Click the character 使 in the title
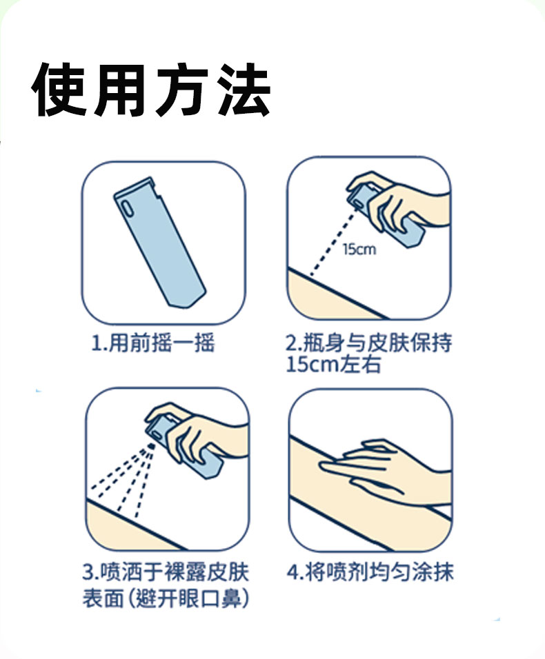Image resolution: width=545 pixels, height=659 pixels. [x=59, y=90]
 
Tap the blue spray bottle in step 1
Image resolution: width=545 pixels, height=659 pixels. [x=160, y=243]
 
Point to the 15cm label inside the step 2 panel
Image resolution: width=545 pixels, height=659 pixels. [x=359, y=250]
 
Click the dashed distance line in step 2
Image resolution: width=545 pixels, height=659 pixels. [x=333, y=243]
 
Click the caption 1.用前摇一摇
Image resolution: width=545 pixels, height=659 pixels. [x=153, y=343]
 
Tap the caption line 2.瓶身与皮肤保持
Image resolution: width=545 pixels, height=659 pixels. [x=369, y=343]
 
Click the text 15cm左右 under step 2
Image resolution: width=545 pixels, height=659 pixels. [x=333, y=364]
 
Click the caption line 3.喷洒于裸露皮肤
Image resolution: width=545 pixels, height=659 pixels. [x=166, y=572]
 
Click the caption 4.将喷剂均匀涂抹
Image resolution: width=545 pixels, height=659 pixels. [x=370, y=572]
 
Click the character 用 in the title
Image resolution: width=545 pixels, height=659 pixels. [x=120, y=90]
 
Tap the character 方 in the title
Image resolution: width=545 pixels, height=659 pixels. [x=181, y=90]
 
